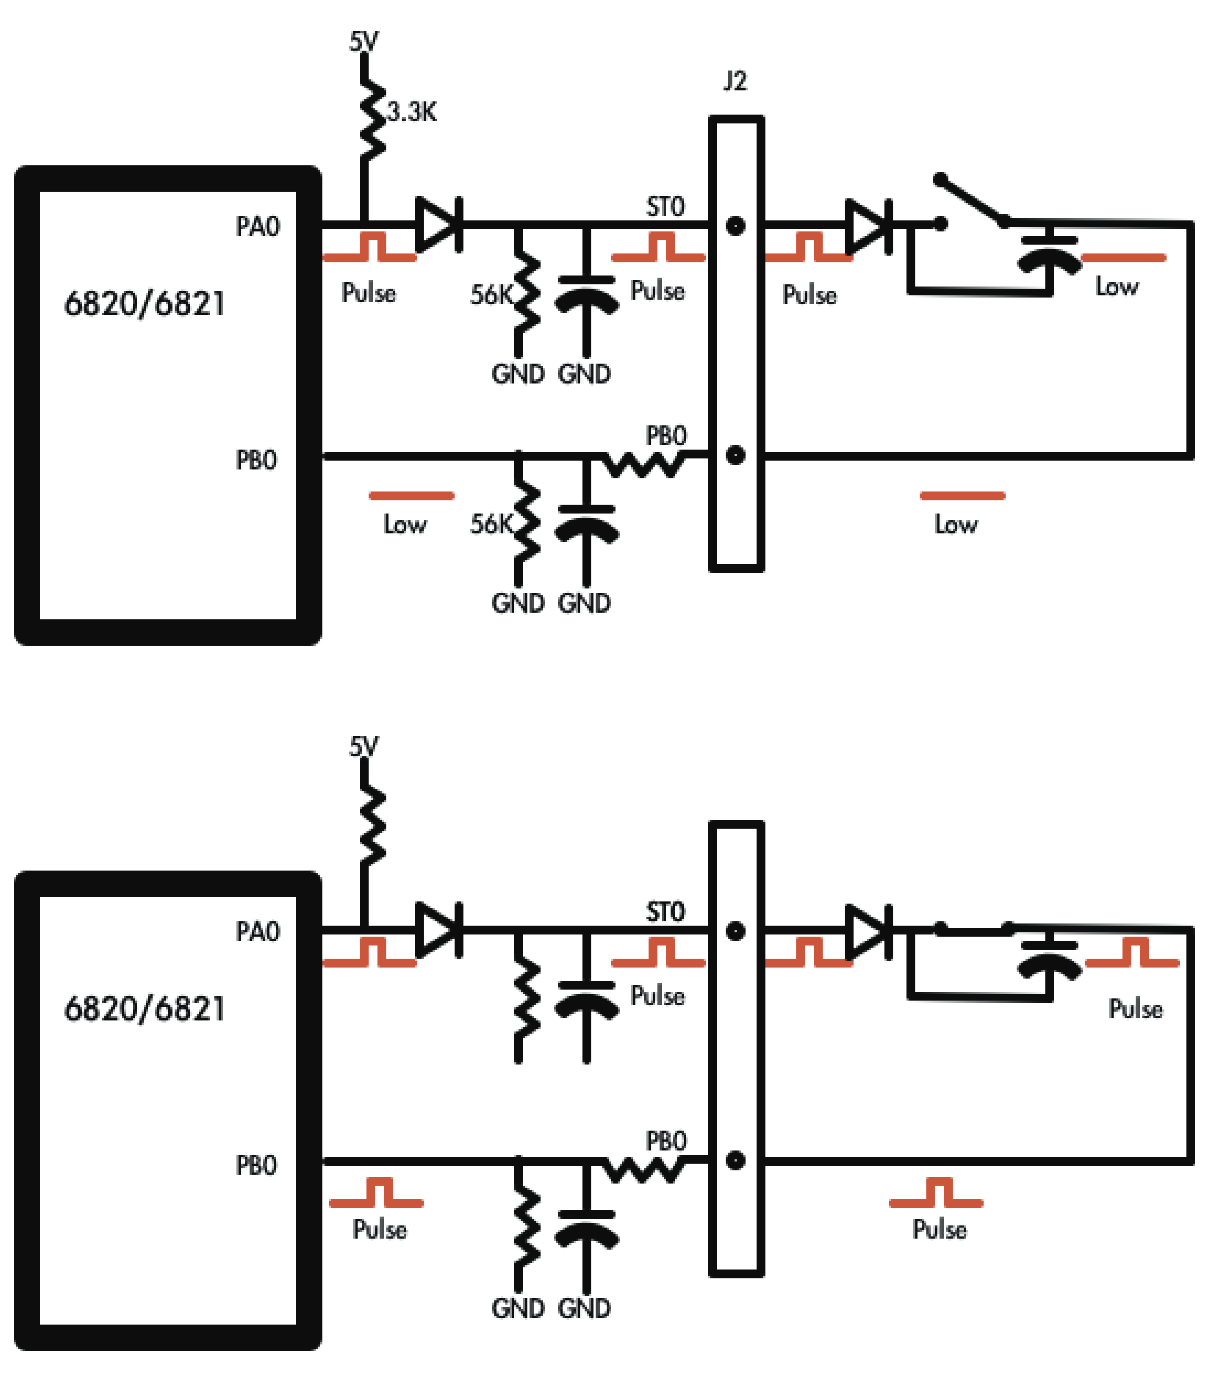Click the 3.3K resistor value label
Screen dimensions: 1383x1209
coord(412,112)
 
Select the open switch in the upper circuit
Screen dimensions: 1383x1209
coord(972,201)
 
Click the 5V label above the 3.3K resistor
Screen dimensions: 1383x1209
coord(364,42)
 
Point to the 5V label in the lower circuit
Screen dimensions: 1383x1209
coord(364,747)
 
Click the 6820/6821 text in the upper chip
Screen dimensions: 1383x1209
coord(144,304)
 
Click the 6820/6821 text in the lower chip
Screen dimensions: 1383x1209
coord(144,1009)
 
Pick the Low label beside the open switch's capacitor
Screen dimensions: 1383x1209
coord(1116,287)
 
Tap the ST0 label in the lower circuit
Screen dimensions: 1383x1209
coord(665,912)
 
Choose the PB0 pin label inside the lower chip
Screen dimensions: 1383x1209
coord(256,1165)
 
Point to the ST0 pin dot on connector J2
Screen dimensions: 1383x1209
coord(736,225)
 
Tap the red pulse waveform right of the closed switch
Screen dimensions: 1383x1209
coord(1132,953)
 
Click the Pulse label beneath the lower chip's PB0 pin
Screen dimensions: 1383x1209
coord(380,1229)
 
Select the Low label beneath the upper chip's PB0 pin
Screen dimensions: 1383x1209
coord(405,524)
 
